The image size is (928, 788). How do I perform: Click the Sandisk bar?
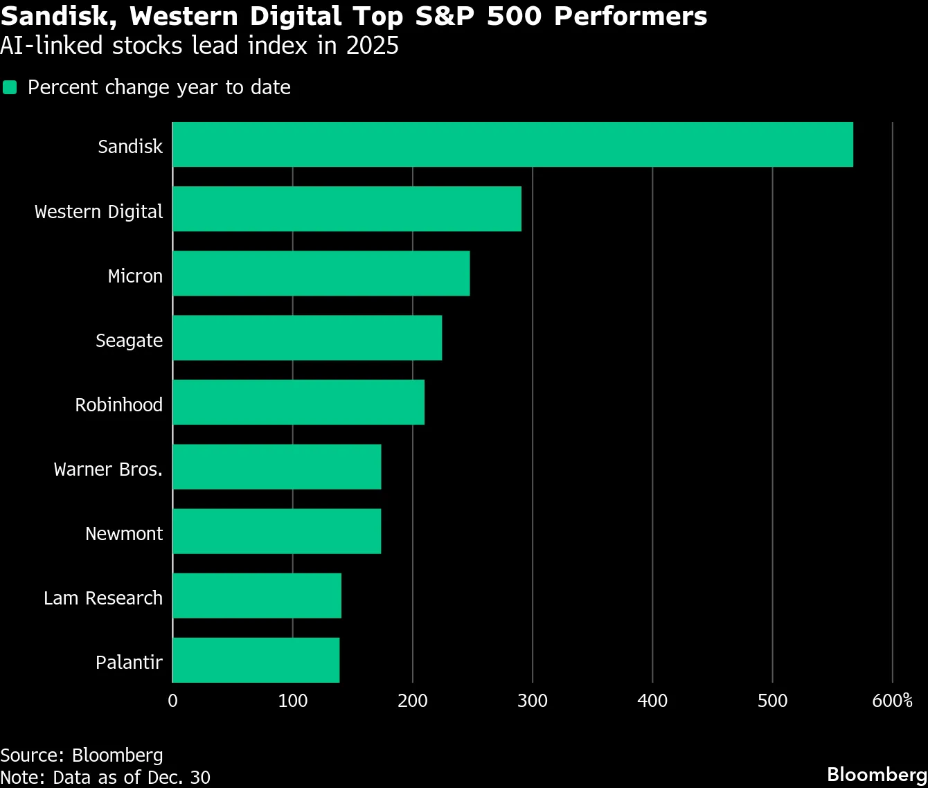pos(512,145)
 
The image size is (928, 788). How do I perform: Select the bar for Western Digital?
pos(347,209)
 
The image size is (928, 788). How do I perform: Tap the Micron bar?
pos(321,274)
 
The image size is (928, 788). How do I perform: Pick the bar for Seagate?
pos(307,338)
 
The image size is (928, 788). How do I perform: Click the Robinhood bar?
pos(298,402)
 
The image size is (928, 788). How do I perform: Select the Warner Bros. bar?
pos(277,467)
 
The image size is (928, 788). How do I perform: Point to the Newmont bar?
pos(277,531)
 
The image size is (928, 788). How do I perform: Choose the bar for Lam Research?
pos(257,596)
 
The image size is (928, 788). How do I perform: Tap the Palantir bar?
pos(256,660)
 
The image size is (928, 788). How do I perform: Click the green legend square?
pos(10,87)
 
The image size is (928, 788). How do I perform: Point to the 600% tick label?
pos(892,701)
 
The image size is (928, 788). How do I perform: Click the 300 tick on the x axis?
pos(533,701)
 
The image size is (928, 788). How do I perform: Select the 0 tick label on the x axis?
pos(173,701)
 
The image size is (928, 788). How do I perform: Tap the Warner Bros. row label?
pos(108,469)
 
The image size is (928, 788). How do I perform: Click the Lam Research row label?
pos(103,598)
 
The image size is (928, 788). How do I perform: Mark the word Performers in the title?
pos(630,17)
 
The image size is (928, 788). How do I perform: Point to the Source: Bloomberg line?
pos(82,755)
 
